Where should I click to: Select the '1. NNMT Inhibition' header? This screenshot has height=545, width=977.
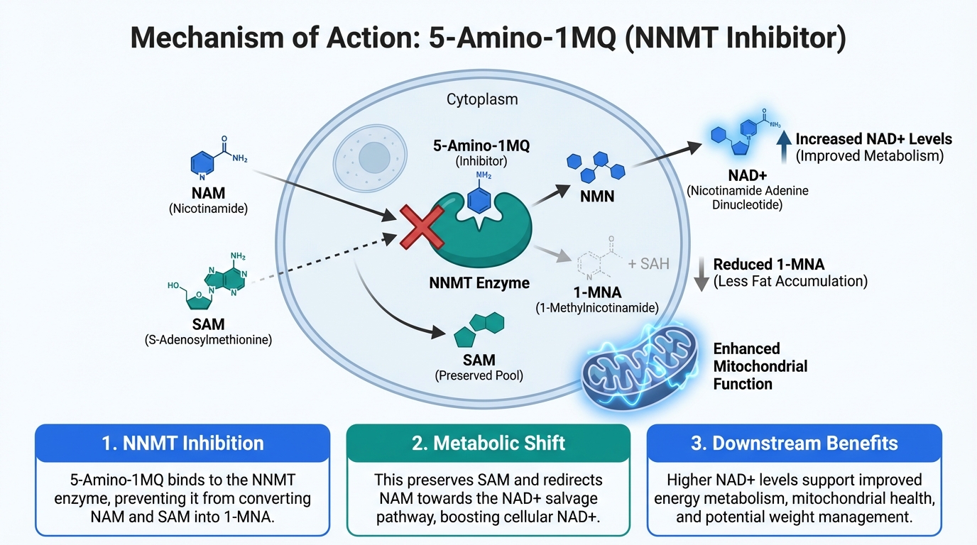point(182,444)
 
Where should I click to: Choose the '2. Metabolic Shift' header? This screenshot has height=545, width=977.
point(488,444)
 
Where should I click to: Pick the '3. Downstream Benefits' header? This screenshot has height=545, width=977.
point(795,444)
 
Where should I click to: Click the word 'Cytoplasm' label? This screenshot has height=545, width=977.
point(482,99)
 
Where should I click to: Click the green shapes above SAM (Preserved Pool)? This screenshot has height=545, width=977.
point(479,328)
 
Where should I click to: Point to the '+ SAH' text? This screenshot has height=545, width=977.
point(648,264)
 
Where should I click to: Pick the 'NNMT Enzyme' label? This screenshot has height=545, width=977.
point(479,283)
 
